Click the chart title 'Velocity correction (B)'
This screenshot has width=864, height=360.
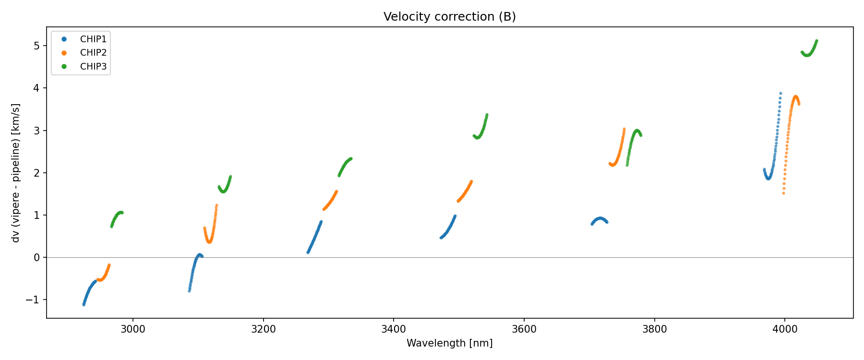tap(449, 17)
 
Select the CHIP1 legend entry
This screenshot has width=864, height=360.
tap(93, 39)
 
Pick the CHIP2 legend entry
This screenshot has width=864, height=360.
tap(93, 53)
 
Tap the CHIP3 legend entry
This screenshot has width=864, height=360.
tap(93, 67)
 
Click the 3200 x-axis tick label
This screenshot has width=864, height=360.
tap(263, 329)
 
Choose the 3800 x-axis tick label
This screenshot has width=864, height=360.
tap(654, 329)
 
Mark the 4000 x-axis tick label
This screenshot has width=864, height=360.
tap(785, 329)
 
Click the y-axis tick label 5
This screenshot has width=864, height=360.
tap(37, 46)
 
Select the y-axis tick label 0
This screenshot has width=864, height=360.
tap(37, 258)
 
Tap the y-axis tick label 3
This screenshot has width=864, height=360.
tap(37, 131)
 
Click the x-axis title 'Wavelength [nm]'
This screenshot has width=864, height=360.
tap(449, 343)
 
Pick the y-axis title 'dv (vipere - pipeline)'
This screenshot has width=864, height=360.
tap(16, 173)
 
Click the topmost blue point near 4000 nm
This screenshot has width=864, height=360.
tap(780, 93)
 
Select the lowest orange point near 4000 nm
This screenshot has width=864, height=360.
tap(783, 193)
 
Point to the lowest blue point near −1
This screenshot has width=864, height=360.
tap(84, 304)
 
